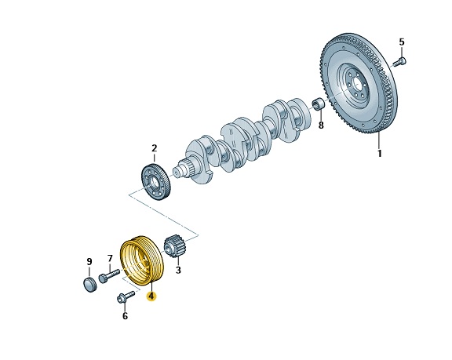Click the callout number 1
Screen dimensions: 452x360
coord(380,153)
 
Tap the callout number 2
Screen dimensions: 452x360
coord(155,148)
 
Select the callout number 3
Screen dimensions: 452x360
coord(178,270)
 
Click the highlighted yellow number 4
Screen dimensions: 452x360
coord(151,296)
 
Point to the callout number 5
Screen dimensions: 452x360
coord(402,42)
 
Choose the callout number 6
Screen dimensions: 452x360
coord(125,316)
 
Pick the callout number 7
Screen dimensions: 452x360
coord(110,258)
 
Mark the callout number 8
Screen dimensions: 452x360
coord(321,125)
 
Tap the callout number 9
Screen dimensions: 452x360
coord(89,261)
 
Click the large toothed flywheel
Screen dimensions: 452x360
coord(359,83)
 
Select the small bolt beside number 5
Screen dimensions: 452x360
coord(400,62)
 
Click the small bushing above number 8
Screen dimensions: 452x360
coord(319,104)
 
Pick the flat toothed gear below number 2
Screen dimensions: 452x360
coord(156,182)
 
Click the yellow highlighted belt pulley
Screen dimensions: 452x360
coord(141,261)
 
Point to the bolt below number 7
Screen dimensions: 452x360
coord(109,275)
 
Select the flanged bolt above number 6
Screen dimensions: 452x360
coord(126,296)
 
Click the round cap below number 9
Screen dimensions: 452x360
coord(90,285)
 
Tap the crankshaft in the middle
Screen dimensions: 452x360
coord(242,141)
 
